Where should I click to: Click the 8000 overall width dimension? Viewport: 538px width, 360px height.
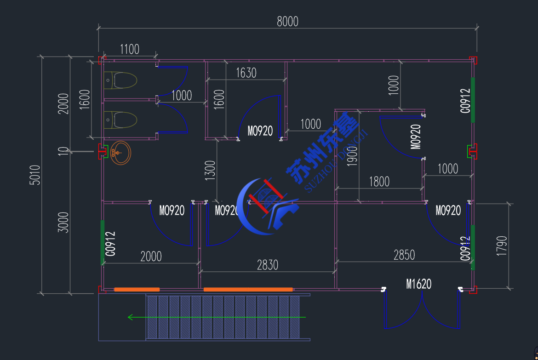tap(287, 21)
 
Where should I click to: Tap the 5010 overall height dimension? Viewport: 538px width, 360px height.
tap(35, 175)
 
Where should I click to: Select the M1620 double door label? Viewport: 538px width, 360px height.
tap(418, 284)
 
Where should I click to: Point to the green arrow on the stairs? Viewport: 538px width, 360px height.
tap(216, 317)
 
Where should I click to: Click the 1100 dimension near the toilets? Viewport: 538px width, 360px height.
tap(129, 49)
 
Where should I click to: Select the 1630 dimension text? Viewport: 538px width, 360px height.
tap(246, 73)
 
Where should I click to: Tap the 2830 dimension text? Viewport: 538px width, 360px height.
tap(267, 265)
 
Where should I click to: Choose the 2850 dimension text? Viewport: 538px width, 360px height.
tap(404, 255)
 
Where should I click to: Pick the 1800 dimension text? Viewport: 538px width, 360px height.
tap(379, 182)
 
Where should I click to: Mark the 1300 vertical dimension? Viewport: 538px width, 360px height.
tap(210, 171)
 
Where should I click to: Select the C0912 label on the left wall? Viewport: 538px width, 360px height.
tap(110, 243)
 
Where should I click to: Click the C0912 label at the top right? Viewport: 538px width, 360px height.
tap(465, 101)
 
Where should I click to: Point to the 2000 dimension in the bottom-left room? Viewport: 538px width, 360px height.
tap(151, 257)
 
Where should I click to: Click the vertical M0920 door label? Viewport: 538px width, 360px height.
tap(416, 137)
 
